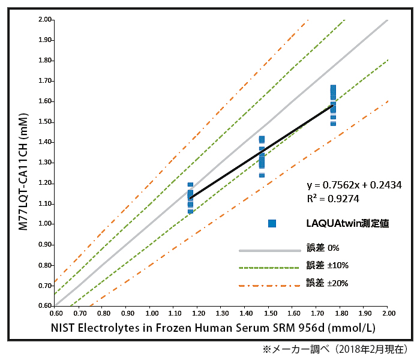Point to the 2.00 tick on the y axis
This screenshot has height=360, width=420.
46,20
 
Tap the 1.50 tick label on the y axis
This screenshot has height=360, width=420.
46,122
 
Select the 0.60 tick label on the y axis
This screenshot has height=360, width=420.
46,305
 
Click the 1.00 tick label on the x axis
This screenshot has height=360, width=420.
151,313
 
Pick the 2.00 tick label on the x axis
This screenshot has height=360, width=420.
388,313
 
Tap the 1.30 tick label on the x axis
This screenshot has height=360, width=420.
222,313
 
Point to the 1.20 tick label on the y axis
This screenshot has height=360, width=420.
46,183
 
